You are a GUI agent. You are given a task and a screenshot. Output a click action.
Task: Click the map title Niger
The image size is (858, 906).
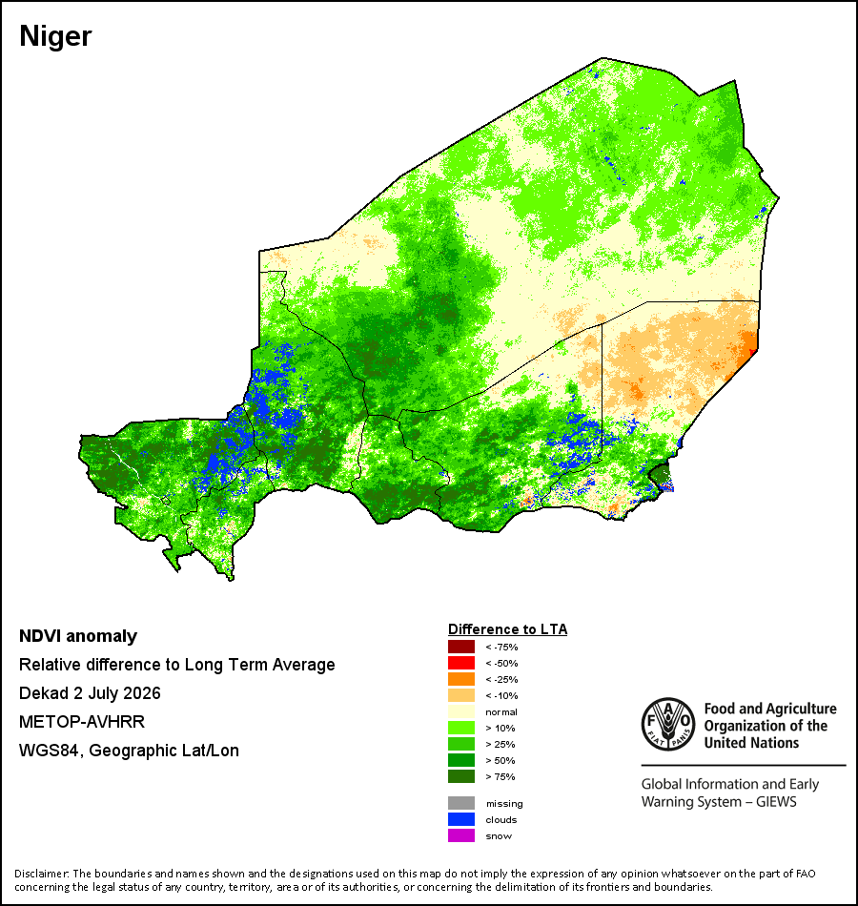pos(55,36)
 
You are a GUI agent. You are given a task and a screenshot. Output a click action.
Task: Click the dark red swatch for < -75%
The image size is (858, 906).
pos(461,647)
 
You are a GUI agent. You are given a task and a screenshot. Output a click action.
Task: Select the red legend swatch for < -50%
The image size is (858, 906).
pos(461,663)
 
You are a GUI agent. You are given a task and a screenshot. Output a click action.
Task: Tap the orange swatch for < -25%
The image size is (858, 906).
pos(461,679)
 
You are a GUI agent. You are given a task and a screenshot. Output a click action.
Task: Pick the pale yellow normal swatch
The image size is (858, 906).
pos(461,711)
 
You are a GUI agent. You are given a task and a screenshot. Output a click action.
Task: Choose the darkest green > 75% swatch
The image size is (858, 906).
pos(461,776)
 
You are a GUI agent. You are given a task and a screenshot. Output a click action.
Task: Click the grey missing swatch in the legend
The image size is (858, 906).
pos(461,803)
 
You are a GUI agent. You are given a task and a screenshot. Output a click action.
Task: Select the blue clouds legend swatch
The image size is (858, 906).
pos(461,819)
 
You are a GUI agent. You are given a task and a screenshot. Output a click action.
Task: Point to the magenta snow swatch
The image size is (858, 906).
pos(461,835)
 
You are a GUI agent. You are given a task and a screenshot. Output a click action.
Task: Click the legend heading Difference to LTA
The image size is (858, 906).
pos(507,629)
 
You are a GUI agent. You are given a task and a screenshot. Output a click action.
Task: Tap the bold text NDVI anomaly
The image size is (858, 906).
pos(78,636)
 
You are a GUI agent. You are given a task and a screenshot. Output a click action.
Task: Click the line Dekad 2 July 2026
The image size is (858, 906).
pos(90,693)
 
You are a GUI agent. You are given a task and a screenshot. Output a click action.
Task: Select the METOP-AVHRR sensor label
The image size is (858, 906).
pos(82,722)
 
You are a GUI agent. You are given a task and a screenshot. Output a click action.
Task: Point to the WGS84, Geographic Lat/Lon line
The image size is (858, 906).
pos(129,751)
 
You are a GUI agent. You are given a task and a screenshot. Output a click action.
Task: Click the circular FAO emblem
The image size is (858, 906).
pos(668,725)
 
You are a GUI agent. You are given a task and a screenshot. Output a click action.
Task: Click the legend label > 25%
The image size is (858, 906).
pos(500,744)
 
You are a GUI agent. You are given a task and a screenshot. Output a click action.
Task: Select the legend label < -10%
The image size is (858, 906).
pos(501,695)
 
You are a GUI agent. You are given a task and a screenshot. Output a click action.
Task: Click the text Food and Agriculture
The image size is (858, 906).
pos(770,709)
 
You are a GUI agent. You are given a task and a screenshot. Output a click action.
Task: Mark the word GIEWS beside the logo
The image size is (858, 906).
pos(777,802)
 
